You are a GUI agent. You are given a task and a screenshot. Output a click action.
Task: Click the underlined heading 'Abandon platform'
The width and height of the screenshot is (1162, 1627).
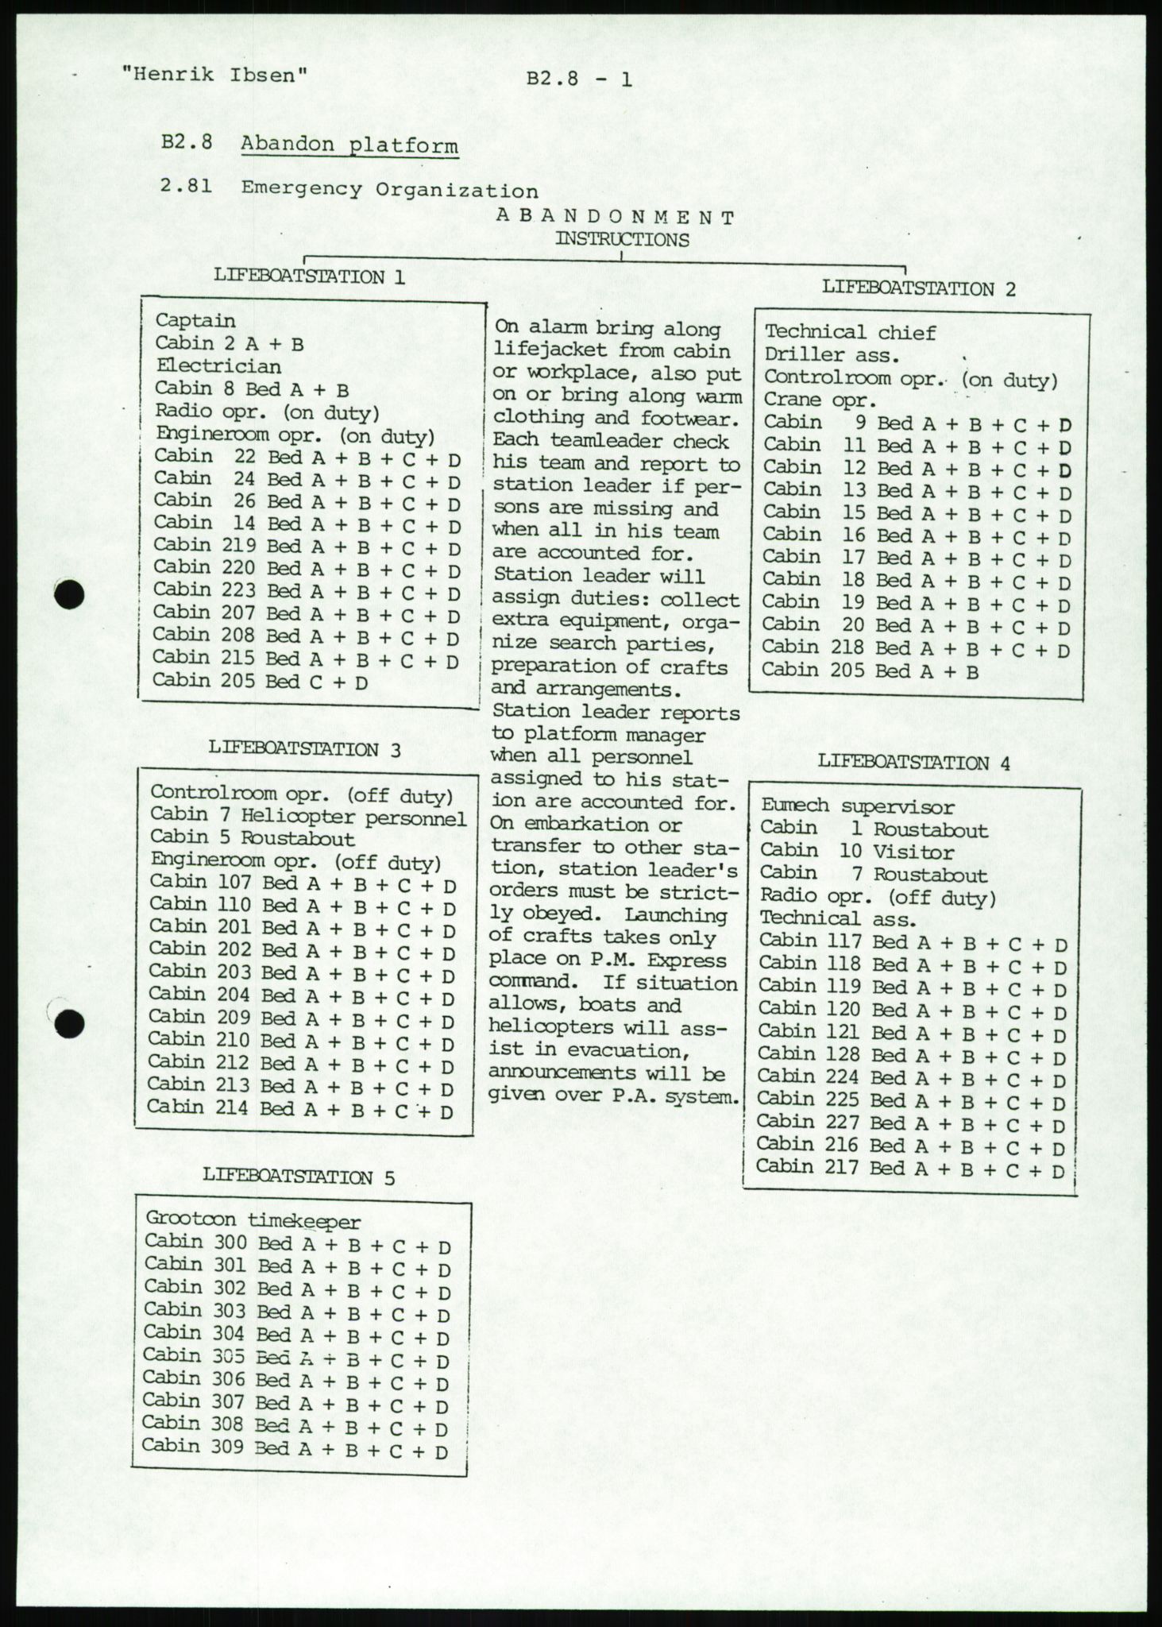tap(349, 145)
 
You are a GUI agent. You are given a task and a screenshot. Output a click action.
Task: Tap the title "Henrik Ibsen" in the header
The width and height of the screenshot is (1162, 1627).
tap(214, 75)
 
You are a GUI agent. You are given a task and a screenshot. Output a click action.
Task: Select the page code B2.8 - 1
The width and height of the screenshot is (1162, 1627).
tap(579, 79)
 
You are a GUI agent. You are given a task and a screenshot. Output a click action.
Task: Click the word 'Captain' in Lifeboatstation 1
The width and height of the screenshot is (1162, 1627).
tap(195, 321)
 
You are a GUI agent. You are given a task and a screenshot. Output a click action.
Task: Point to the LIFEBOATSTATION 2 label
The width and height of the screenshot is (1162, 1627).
tap(918, 288)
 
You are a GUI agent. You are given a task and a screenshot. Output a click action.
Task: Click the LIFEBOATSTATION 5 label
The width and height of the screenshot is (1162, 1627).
tap(299, 1177)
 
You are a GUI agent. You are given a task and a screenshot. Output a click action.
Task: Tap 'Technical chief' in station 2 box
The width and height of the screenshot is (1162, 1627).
tap(850, 333)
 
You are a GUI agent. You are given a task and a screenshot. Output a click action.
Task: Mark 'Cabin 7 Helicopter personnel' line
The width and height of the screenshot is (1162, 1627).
tap(308, 815)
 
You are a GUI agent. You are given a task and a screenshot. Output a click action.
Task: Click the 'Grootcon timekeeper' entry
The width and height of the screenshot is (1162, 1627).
tap(253, 1221)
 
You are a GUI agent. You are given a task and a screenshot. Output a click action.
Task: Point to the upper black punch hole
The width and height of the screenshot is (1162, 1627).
tap(70, 594)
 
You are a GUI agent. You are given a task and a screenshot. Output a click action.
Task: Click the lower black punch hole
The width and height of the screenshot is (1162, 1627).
tap(71, 1023)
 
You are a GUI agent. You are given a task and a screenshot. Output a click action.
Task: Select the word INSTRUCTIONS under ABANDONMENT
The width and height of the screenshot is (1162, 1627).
tap(622, 239)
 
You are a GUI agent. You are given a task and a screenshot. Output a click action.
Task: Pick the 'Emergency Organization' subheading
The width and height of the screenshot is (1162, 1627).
tap(389, 190)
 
